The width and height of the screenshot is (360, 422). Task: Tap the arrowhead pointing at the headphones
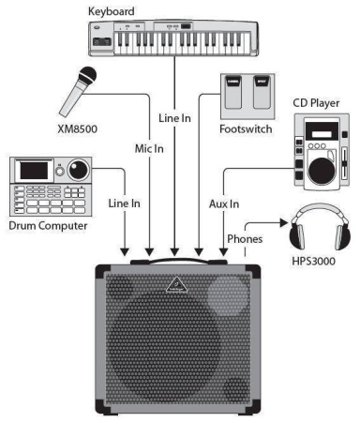278,223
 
